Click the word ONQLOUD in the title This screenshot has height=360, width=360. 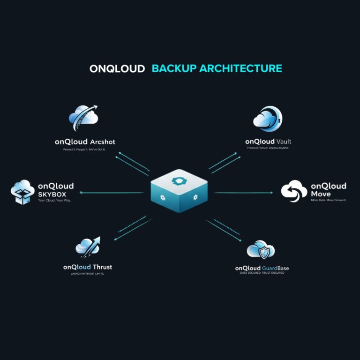tap(117, 68)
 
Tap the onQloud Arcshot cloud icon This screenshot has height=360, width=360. tap(83, 118)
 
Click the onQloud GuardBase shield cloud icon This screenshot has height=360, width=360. tap(261, 251)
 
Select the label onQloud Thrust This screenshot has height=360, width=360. tap(88, 267)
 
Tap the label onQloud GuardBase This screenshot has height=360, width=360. tap(262, 268)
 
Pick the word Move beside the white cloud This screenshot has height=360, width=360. tap(321, 194)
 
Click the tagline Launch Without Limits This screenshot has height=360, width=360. tap(88, 273)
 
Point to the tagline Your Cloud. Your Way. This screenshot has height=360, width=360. tap(54, 201)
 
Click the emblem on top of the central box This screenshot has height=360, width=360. tap(180, 180)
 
